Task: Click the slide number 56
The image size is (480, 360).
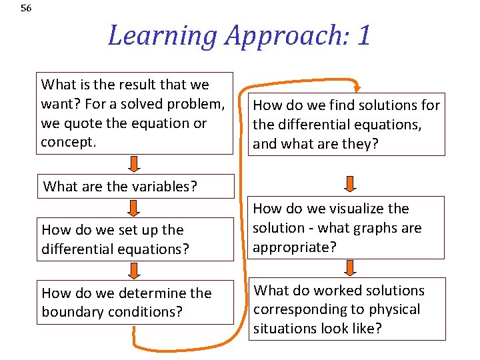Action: (x=26, y=9)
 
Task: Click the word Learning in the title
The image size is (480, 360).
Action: (x=162, y=35)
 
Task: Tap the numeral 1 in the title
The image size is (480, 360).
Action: (x=363, y=35)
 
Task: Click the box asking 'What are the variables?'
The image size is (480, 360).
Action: (x=135, y=187)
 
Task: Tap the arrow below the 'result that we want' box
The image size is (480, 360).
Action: (x=134, y=163)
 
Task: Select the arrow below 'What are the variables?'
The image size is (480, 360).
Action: (x=134, y=209)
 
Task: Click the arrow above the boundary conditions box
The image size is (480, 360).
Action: (x=134, y=270)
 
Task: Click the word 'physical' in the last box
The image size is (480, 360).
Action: (x=396, y=309)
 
